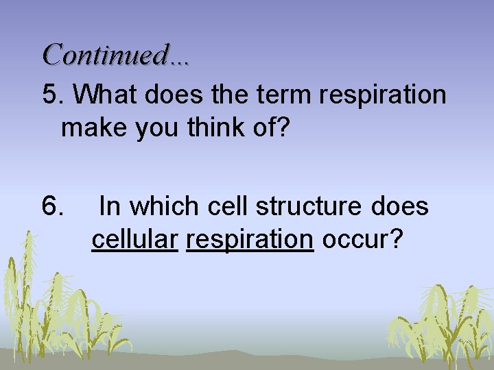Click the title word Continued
tap(105, 54)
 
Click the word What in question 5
tap(104, 96)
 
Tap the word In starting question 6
tap(110, 206)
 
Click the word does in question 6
tap(403, 206)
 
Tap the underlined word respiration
tap(250, 240)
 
